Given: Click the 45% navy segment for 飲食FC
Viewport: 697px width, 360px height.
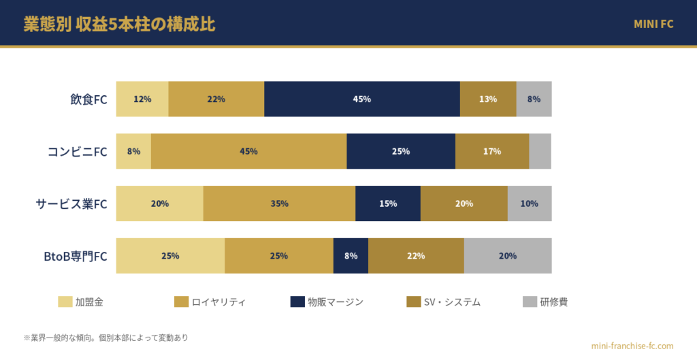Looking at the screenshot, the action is pos(362,99).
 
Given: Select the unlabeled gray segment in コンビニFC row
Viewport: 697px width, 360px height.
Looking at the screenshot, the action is pos(540,151).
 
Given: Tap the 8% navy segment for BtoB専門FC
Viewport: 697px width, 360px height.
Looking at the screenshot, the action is pos(351,256).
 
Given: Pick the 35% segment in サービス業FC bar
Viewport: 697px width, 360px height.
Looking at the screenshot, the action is pos(279,203).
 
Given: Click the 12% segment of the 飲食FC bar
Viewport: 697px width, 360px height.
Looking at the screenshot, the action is pos(142,99).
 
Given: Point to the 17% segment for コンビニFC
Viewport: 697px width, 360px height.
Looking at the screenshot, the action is pos(492,151).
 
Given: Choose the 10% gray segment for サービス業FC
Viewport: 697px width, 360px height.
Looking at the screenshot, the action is pos(530,203).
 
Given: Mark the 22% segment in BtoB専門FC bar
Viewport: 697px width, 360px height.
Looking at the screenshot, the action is pos(416,256).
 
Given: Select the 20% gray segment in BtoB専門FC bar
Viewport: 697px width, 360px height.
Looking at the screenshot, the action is pos(508,256).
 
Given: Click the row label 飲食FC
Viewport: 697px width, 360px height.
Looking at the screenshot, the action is pos(88,99).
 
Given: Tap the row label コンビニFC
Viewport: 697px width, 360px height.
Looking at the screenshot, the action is pos(78,152).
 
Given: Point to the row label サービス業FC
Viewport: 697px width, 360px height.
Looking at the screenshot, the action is pos(71,204).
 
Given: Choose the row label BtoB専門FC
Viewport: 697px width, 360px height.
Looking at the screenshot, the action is pos(76,257).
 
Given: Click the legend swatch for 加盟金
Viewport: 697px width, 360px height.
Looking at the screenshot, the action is pos(65,301).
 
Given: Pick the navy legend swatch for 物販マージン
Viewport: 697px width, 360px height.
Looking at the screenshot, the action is pos(297,301).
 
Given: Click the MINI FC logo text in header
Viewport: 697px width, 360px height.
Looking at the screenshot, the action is pos(653,24).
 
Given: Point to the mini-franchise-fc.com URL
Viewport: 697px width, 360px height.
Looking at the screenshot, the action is pos(632,346).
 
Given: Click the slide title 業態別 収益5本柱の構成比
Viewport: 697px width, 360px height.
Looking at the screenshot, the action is pos(120,24).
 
